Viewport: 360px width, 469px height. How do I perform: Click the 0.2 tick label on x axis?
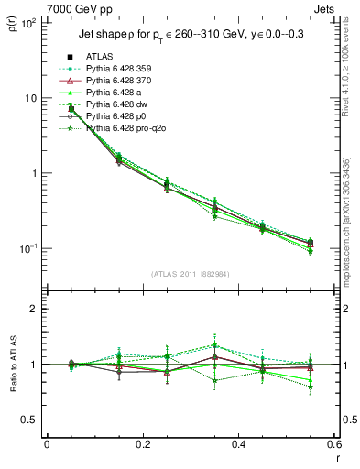[142, 444]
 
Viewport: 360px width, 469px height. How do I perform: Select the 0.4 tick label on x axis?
[238, 444]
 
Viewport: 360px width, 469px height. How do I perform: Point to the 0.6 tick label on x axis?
[333, 444]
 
